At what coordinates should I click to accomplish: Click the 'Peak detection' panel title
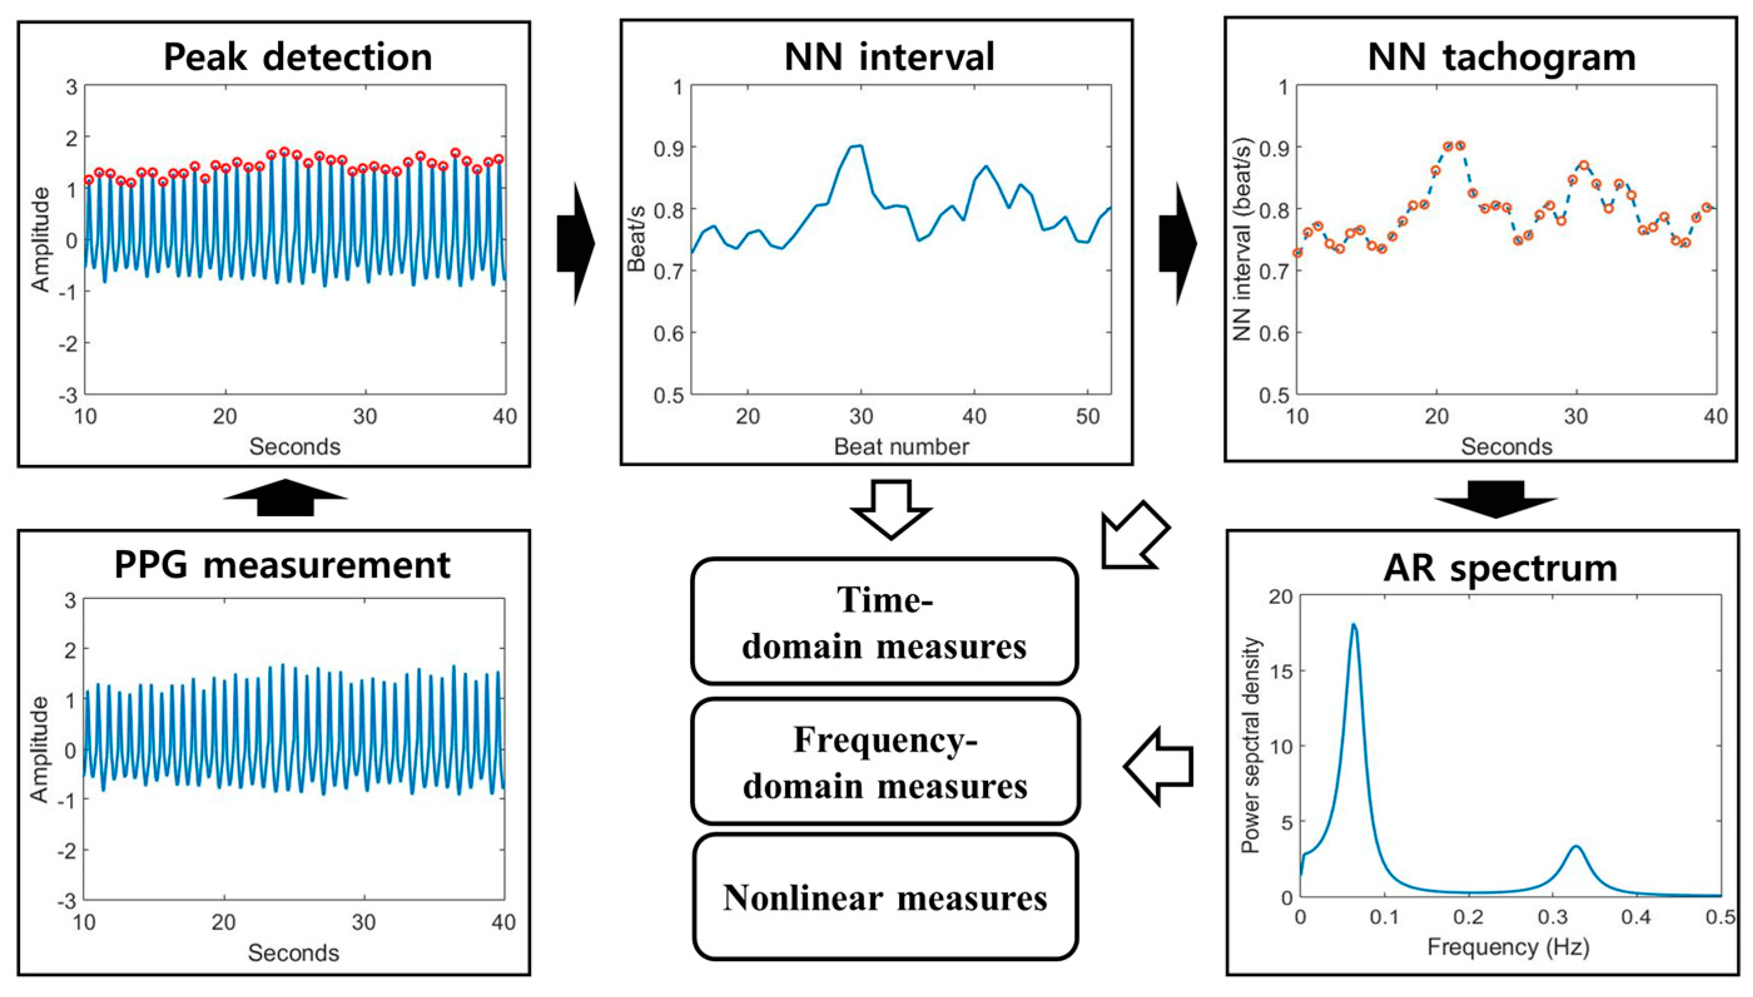click(298, 57)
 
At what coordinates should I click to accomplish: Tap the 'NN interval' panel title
click(889, 57)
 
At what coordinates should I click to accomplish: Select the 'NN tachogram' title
click(1502, 57)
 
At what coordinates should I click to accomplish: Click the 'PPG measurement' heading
click(282, 566)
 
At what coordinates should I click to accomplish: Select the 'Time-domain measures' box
click(884, 621)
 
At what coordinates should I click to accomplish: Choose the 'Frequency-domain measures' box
click(885, 762)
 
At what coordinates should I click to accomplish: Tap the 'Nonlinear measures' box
click(885, 897)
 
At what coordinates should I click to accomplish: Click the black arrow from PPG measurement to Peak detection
click(285, 497)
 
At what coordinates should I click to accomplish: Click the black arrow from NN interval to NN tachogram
click(1177, 243)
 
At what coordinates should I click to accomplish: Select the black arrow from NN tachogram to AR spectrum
click(1496, 498)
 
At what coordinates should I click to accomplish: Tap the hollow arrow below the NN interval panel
click(890, 509)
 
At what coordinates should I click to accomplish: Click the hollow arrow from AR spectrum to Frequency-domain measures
click(1159, 766)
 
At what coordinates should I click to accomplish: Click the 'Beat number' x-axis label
click(901, 446)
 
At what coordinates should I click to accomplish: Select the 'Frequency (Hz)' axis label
click(1508, 947)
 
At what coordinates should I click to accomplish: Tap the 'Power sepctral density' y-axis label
click(1250, 745)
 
